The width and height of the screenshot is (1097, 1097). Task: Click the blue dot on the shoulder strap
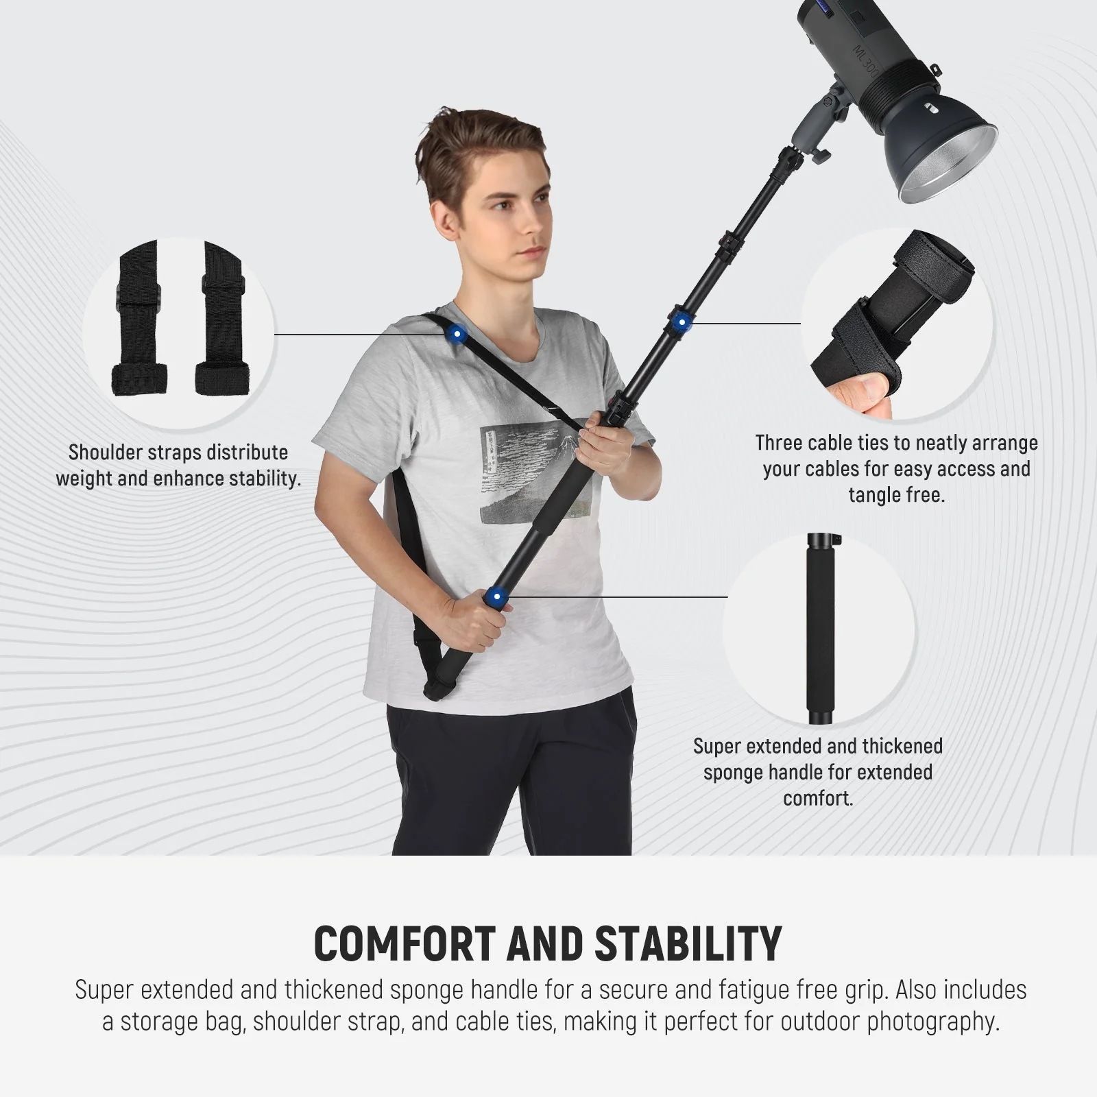point(456,335)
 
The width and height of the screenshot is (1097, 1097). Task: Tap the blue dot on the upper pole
point(680,323)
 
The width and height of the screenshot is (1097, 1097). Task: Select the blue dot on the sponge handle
point(496,597)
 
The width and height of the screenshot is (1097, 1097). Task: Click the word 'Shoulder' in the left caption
point(106,453)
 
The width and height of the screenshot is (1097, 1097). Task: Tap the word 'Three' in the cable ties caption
point(778,443)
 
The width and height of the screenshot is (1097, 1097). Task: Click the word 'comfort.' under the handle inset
point(818,798)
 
